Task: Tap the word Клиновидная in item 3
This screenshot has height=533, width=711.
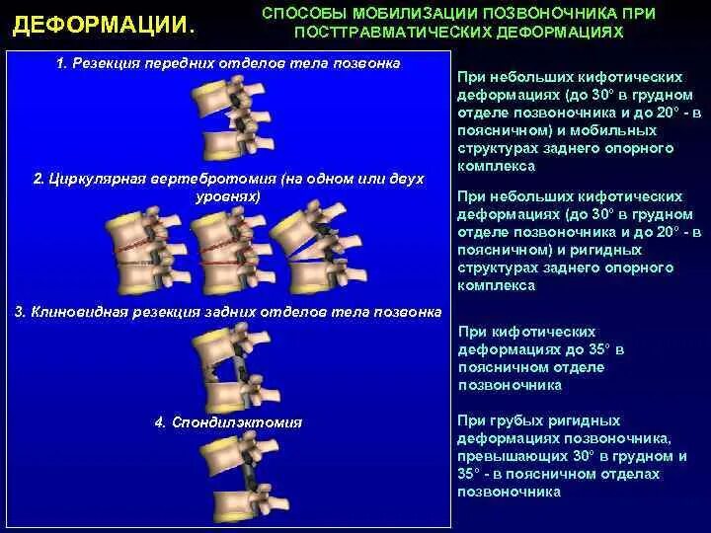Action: pos(77,312)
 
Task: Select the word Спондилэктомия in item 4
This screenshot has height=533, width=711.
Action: pos(237,422)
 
